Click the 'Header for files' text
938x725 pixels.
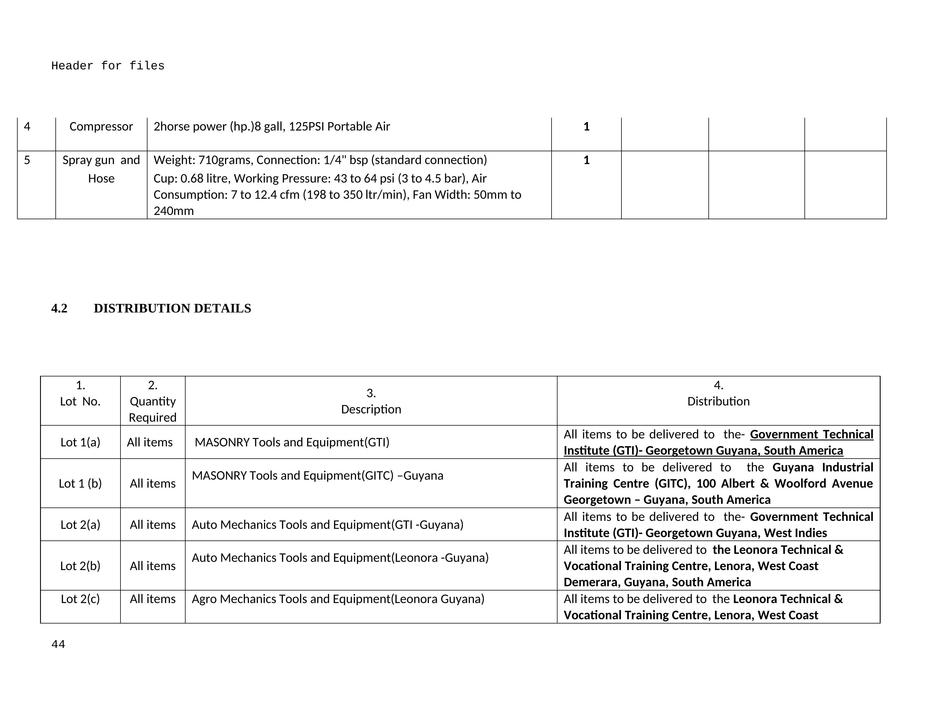108,66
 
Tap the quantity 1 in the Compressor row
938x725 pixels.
586,126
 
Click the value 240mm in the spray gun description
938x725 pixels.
174,211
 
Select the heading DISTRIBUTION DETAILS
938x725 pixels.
172,308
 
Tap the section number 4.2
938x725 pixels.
59,308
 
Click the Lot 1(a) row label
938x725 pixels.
80,442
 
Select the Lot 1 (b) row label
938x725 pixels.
80,484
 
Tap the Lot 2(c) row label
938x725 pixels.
80,599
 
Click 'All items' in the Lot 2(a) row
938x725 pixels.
153,525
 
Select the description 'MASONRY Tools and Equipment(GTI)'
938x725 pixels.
292,442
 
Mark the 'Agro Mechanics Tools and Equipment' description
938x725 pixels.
338,599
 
